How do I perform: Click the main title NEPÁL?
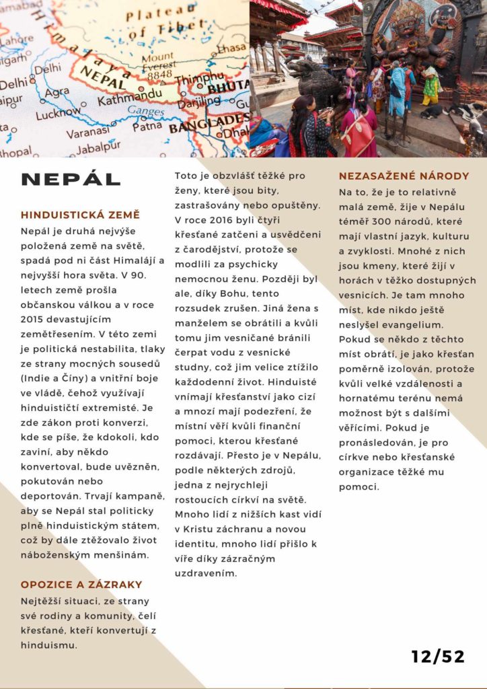point(71,179)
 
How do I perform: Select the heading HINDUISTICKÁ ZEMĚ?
point(81,215)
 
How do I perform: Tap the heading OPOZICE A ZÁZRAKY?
point(81,585)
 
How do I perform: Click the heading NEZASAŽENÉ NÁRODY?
point(403,177)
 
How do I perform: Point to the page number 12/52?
point(438,657)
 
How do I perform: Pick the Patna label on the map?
point(147,125)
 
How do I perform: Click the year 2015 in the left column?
point(34,319)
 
